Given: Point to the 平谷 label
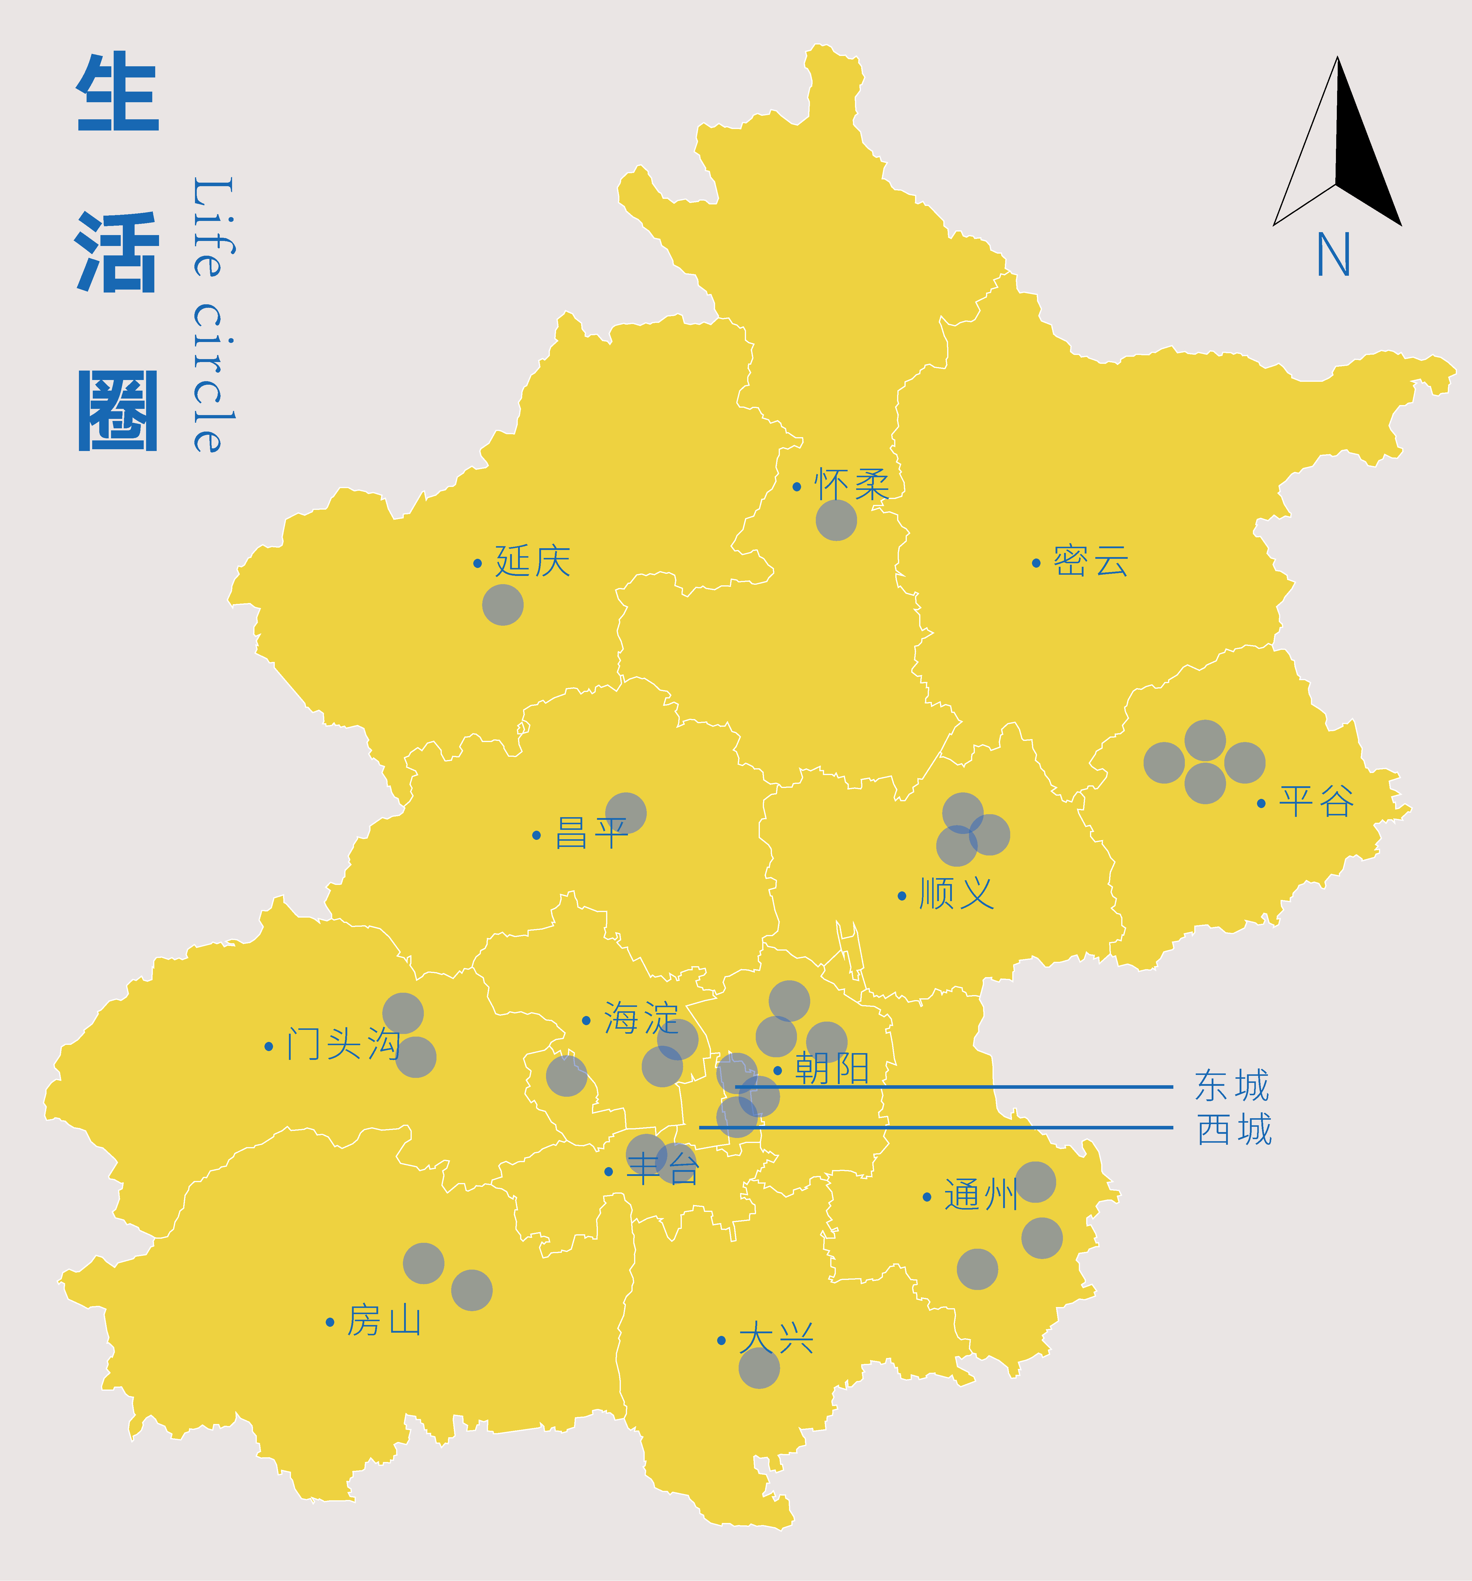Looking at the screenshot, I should (x=1316, y=802).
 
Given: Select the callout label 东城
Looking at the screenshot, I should (x=1232, y=1086).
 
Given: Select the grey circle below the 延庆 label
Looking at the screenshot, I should (x=503, y=604).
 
